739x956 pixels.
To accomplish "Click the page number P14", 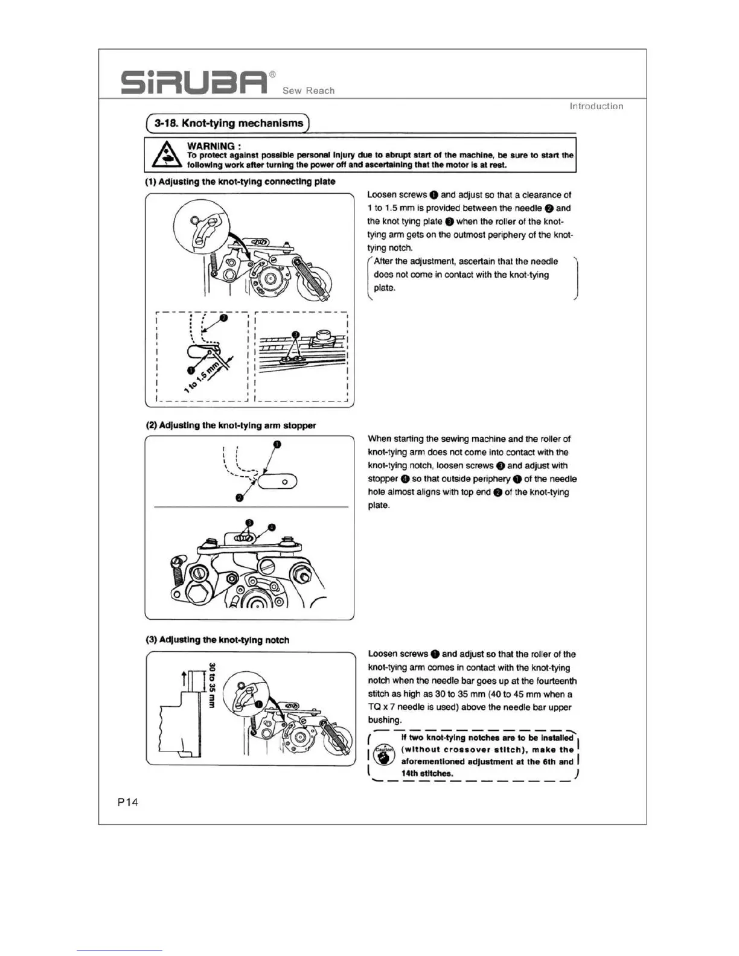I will [128, 802].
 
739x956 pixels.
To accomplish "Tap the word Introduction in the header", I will [596, 106].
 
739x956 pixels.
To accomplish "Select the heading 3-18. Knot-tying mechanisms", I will [228, 123].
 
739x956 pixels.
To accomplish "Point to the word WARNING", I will [211, 146].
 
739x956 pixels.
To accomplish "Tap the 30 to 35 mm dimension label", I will [212, 685].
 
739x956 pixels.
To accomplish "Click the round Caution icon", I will [383, 755].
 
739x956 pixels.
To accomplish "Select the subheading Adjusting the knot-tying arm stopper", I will [231, 425].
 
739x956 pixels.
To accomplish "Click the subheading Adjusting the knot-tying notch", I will [217, 640].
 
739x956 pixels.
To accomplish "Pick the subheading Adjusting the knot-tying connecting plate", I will [240, 182].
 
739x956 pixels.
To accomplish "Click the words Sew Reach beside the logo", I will [309, 91].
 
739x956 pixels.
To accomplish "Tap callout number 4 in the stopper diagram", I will [272, 527].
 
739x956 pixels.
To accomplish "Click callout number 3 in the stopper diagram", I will [249, 523].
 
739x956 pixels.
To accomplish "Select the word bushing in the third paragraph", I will [385, 720].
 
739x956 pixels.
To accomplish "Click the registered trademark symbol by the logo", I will [272, 74].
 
